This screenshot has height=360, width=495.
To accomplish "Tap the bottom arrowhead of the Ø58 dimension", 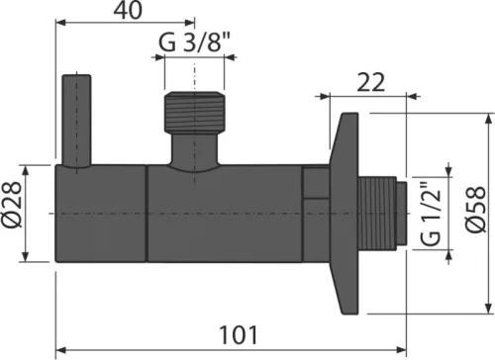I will click(x=487, y=310).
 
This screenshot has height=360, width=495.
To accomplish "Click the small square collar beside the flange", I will click(x=316, y=184).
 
